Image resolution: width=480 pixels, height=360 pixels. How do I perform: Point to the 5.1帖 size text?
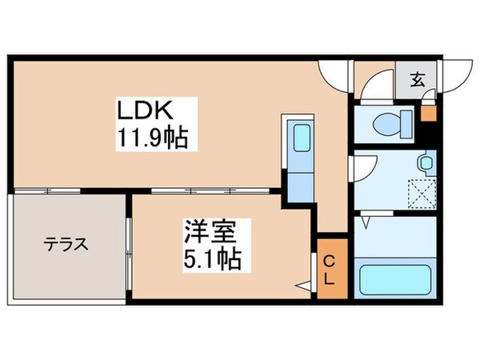(214, 259)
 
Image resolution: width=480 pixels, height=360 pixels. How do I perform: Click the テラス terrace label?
(66, 244)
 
